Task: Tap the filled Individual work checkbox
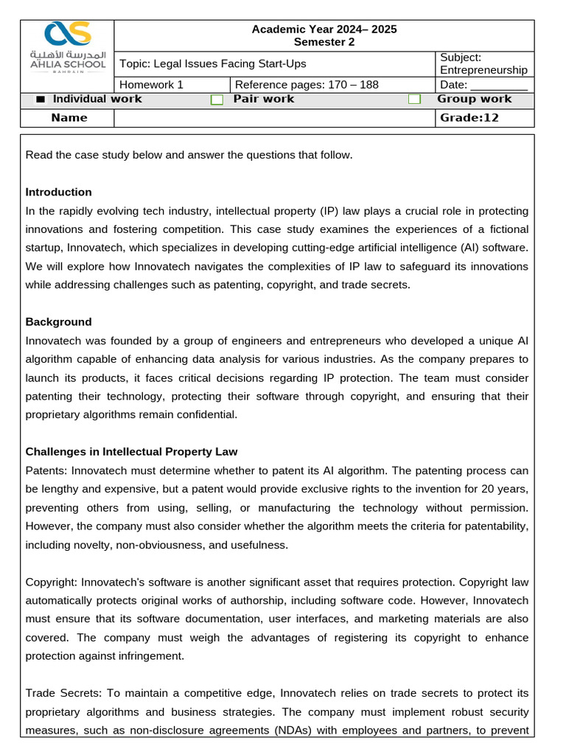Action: point(41,100)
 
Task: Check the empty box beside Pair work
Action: point(217,100)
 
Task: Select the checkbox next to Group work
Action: point(415,100)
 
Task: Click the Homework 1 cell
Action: point(152,84)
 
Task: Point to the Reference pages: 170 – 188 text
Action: point(307,84)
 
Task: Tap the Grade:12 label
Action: point(469,118)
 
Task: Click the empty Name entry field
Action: point(274,118)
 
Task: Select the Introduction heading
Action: point(59,192)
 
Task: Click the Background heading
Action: point(59,321)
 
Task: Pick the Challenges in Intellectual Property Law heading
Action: point(131,451)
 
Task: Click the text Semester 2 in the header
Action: point(324,42)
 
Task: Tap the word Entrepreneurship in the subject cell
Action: point(483,70)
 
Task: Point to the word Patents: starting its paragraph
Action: point(45,470)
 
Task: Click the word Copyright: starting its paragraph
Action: point(52,581)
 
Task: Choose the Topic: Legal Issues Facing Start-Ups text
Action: point(212,63)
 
